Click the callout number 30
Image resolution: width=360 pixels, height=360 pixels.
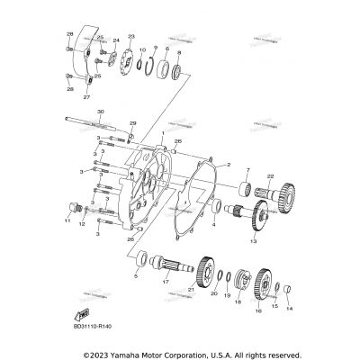pos(100,112)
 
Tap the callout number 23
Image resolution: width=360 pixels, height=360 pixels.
pos(131,36)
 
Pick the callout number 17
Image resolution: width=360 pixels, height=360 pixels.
pos(166,281)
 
